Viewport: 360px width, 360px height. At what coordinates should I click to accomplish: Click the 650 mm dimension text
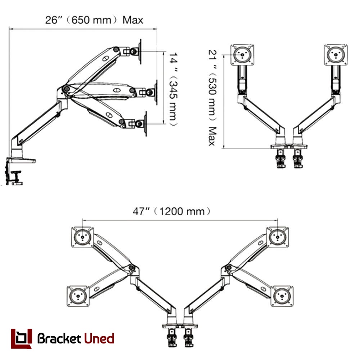(x=91, y=20)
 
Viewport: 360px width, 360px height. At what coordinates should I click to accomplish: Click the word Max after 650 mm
(x=133, y=20)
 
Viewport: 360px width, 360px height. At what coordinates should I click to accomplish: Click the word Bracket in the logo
(x=59, y=338)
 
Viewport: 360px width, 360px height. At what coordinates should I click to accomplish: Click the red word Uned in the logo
(x=99, y=338)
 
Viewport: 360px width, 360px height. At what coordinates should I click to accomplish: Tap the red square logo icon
(x=21, y=338)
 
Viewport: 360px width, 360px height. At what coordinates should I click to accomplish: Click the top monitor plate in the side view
(x=140, y=51)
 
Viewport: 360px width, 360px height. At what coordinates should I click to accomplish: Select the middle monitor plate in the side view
(x=156, y=93)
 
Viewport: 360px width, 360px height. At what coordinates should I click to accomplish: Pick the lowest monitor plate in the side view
(x=145, y=124)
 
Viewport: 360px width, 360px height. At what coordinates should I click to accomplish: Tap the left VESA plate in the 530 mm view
(x=242, y=55)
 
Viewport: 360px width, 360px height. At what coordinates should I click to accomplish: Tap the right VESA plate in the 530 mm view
(x=336, y=55)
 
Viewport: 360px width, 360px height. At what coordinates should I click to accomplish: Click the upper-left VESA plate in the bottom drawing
(x=82, y=237)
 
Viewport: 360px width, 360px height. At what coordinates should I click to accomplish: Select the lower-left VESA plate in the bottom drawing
(x=78, y=296)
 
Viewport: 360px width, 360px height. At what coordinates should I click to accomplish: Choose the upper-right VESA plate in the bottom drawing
(x=278, y=237)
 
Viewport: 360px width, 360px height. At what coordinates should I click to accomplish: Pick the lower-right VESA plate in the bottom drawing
(x=282, y=296)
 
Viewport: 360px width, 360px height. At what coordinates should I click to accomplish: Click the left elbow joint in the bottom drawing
(x=131, y=267)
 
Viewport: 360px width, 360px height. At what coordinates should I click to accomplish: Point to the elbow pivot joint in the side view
(x=67, y=89)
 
